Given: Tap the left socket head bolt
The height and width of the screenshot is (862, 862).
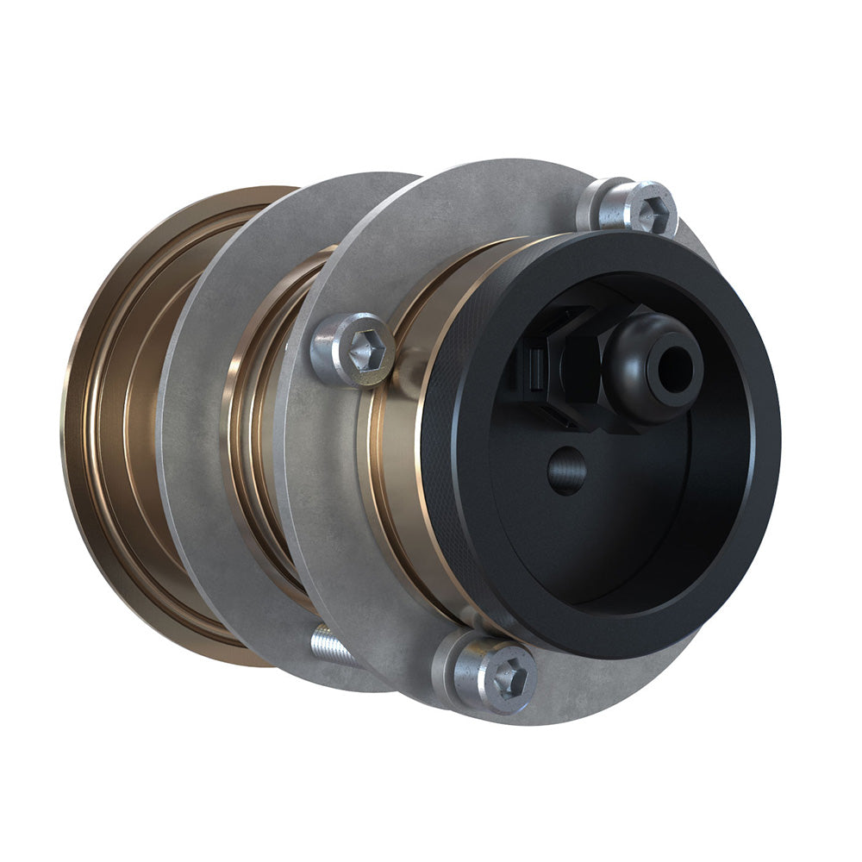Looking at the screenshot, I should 353,349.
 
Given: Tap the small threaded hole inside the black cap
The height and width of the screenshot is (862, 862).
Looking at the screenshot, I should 565,471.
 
